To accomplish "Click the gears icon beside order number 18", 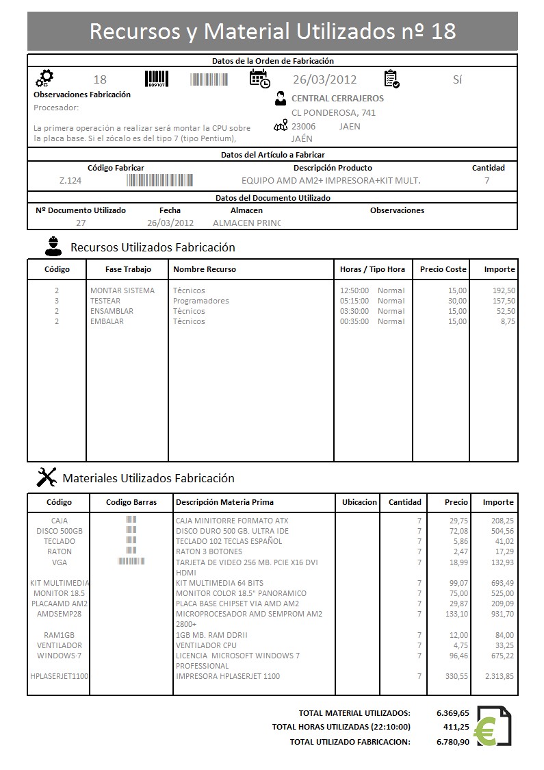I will [44, 78].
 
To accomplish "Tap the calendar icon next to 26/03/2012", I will [259, 79].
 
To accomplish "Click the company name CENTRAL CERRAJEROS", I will [337, 99].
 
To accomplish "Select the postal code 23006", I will [303, 126].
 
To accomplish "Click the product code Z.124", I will [70, 181].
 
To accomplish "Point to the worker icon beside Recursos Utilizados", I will [52, 246].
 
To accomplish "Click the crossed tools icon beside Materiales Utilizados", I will [46, 477].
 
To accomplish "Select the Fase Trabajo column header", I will [127, 269].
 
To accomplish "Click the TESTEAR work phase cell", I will [105, 301].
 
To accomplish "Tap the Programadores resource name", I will [200, 301].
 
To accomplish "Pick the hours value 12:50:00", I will [354, 290].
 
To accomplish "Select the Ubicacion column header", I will [359, 502].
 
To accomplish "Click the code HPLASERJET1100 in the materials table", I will [59, 676].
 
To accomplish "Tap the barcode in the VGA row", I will [131, 561].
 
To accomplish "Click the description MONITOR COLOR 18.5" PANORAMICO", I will [241, 593].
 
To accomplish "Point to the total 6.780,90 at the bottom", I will [452, 741].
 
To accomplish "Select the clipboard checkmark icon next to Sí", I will [391, 79].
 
